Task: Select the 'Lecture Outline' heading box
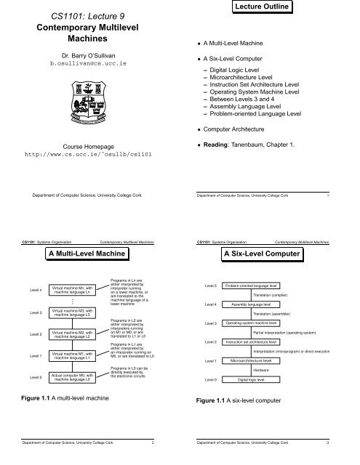click(x=268, y=8)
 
